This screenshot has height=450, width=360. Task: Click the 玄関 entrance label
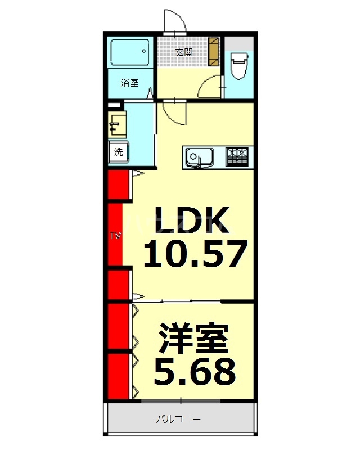coord(183,53)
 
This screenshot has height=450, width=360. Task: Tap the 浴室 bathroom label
coord(129,83)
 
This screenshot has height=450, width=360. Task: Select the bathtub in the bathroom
coord(129,53)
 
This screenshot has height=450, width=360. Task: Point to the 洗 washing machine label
coord(118,151)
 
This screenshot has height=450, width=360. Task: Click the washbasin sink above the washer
coord(118,124)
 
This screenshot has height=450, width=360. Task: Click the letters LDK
coord(192,220)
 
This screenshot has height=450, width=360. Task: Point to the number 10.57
coord(195,254)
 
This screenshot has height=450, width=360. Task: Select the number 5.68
coord(194,371)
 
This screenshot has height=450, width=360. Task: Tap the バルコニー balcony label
coord(178,420)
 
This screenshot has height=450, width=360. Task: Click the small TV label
coord(115,235)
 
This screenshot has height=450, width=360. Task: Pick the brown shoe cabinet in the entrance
coord(214,52)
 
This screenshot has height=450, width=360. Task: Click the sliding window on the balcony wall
coord(180,400)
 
